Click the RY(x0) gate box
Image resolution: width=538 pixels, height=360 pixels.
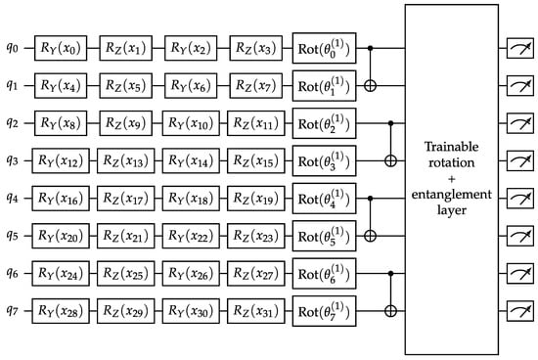click(x=61, y=48)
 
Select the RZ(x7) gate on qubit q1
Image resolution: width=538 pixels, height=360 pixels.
click(x=256, y=85)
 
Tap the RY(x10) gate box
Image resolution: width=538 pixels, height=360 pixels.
click(x=191, y=123)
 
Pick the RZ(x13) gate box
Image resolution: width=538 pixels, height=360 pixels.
click(x=125, y=160)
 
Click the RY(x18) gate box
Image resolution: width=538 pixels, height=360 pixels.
click(x=191, y=199)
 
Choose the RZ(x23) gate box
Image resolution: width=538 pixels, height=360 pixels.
click(x=256, y=236)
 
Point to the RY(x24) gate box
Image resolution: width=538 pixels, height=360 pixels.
click(x=61, y=274)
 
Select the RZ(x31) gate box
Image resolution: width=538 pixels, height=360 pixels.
click(x=256, y=311)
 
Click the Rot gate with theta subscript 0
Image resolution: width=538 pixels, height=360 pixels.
click(x=324, y=48)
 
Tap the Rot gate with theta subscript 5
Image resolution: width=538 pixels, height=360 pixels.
click(x=324, y=236)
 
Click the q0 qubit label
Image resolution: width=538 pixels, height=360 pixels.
click(x=12, y=48)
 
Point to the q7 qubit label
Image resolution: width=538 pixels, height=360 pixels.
click(x=12, y=310)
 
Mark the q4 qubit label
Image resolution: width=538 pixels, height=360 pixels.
click(x=12, y=198)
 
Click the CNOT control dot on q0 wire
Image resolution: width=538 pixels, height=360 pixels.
click(x=370, y=48)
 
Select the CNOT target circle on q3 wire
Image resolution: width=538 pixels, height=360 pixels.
click(x=390, y=160)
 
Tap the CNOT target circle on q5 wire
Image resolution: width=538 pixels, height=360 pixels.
click(x=370, y=236)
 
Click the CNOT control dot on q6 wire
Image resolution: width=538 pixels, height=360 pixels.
click(x=390, y=274)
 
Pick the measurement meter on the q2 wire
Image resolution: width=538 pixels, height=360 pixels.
click(x=520, y=123)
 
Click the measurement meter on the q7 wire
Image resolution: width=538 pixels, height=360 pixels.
click(x=520, y=311)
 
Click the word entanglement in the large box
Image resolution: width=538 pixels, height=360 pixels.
click(x=451, y=195)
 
